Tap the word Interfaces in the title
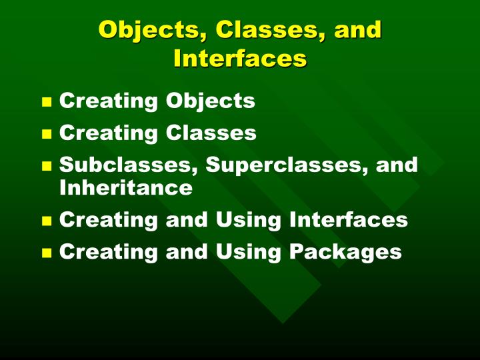pyautogui.click(x=240, y=59)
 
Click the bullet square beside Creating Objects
pyautogui.click(x=47, y=103)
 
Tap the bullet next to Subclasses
pyautogui.click(x=47, y=166)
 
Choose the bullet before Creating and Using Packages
pyautogui.click(x=47, y=253)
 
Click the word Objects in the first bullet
pyautogui.click(x=210, y=101)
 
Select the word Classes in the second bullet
pyautogui.click(x=211, y=133)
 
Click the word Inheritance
pyautogui.click(x=126, y=188)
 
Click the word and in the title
pyautogui.click(x=357, y=30)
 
